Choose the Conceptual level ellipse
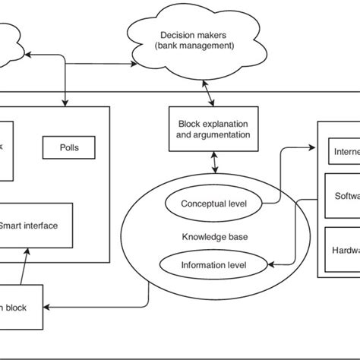212,204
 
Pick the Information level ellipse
213,264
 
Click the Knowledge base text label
213,237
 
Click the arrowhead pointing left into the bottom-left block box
48,306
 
